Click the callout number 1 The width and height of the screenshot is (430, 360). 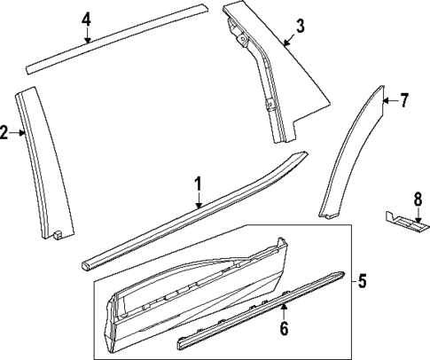[x=199, y=184]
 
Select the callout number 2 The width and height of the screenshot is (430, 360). [x=4, y=134]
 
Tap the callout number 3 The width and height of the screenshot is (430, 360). [x=300, y=26]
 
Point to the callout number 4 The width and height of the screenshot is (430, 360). [x=86, y=20]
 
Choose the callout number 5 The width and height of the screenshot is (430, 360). [x=362, y=283]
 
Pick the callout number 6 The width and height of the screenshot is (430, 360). [x=284, y=329]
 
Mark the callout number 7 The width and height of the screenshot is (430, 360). [x=403, y=100]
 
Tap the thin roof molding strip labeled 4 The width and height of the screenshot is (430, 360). [x=115, y=39]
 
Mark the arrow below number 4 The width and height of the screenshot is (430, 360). [x=87, y=35]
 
